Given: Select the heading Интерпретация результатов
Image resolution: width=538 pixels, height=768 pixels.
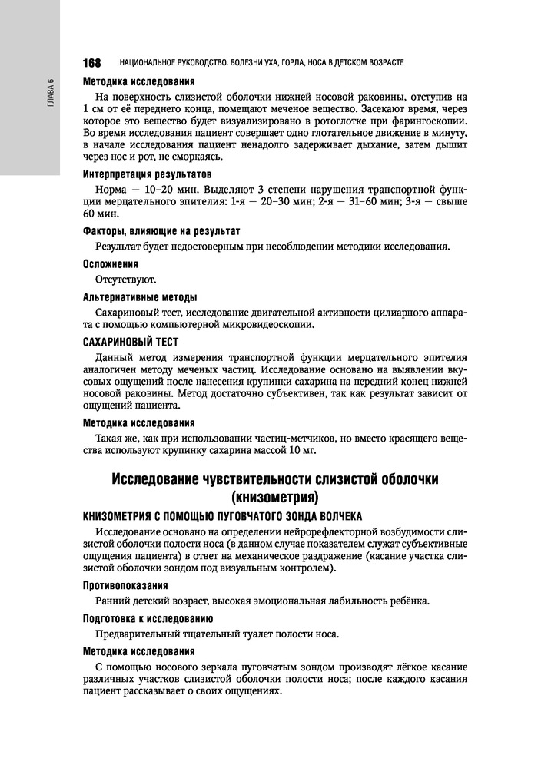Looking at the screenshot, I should point(141,174).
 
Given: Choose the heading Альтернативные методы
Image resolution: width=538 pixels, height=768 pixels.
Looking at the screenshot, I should point(139,296).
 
